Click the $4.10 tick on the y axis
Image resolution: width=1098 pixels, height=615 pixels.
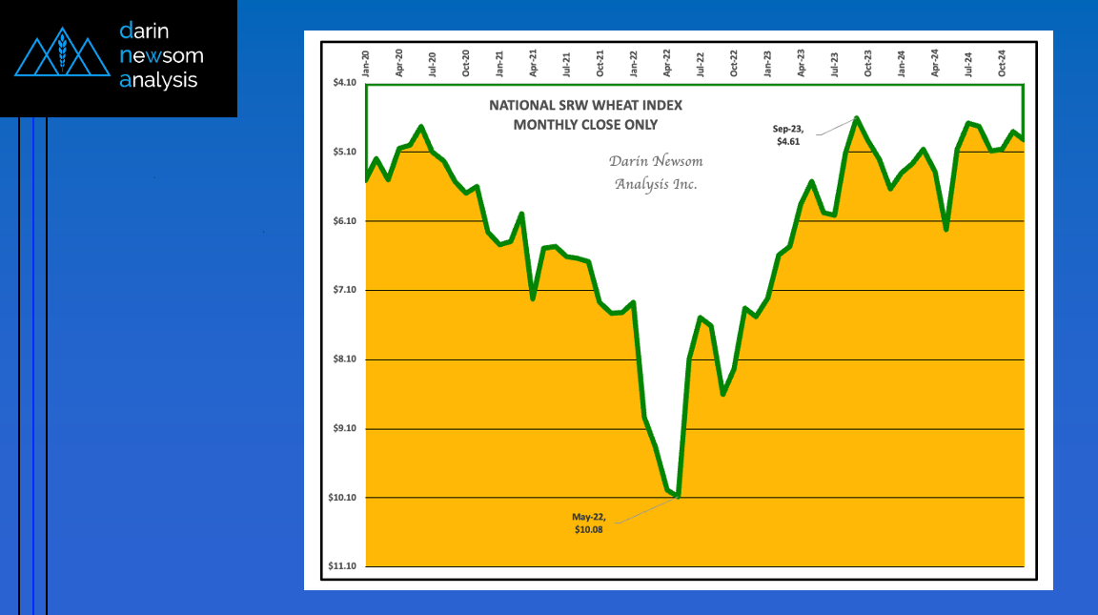point(342,83)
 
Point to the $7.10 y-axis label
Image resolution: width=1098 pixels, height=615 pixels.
point(342,290)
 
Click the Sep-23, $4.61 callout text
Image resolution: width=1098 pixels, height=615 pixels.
point(788,134)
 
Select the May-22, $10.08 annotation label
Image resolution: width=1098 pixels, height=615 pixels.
point(587,523)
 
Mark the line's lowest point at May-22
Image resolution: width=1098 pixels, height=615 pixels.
point(678,496)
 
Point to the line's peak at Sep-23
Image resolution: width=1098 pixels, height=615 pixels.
point(857,118)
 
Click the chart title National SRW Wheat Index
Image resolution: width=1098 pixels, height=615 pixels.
point(585,105)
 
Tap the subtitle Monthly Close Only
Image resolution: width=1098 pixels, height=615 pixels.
point(585,124)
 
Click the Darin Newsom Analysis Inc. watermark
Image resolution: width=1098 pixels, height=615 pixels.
point(656,173)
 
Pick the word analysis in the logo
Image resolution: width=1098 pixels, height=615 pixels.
point(158,80)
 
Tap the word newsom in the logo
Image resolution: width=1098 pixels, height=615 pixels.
point(161,55)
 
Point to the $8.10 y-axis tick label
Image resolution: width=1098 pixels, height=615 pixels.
point(342,359)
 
